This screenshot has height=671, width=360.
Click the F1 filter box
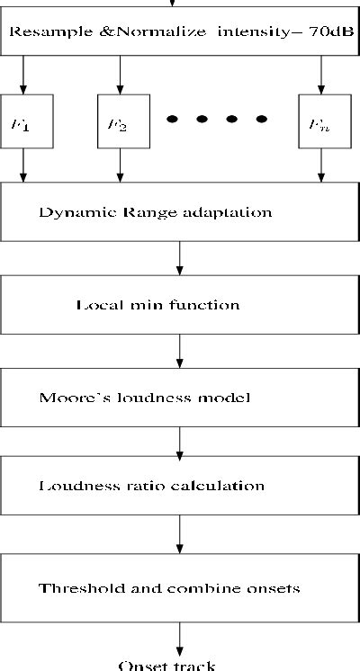click(22, 121)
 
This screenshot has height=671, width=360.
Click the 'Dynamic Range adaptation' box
click(180, 213)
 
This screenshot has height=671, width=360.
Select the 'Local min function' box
click(180, 304)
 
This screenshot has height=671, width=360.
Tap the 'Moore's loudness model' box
click(180, 396)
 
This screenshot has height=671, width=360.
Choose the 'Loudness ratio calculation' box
click(180, 486)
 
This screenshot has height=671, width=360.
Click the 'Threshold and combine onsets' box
click(180, 588)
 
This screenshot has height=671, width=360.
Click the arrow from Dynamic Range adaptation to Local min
click(181, 258)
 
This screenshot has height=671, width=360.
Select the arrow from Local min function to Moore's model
click(181, 350)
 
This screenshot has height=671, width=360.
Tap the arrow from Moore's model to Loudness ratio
click(181, 441)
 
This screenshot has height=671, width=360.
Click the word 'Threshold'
click(74, 588)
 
